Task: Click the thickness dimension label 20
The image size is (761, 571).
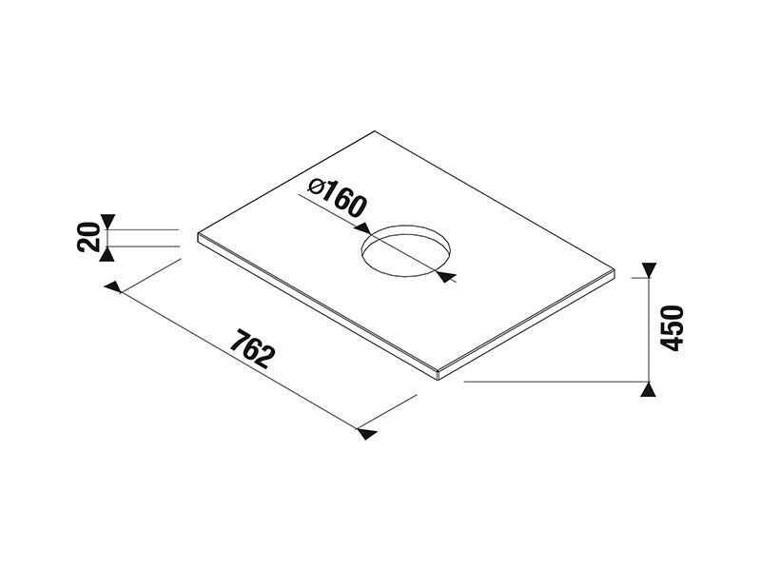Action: pos(88,236)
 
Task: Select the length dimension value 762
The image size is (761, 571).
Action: pos(252,348)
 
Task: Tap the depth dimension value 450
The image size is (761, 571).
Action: pos(673,327)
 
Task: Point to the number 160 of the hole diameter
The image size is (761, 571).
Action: pos(343,199)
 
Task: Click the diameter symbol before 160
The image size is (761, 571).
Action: pos(316,186)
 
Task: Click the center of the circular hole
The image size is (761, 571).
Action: pos(406,251)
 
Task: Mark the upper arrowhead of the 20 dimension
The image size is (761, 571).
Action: pos(107,221)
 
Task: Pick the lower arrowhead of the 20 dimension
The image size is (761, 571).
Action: pos(107,254)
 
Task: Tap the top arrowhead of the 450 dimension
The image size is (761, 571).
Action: pos(649,270)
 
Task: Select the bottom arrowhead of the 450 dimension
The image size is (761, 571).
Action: pos(649,389)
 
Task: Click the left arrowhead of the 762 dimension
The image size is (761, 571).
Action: pos(113,286)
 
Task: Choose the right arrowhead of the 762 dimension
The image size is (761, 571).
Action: pos(367,434)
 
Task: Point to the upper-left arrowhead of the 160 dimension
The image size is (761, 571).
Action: pos(362,228)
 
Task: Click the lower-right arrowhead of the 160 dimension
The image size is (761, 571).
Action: pos(446,277)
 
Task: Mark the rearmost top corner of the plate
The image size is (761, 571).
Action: pos(374,131)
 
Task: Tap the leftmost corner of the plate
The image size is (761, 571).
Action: pos(198,234)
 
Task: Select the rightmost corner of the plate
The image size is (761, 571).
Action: pos(615,269)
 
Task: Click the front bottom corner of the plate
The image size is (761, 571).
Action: pos(439,380)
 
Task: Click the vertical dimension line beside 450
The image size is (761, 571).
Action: pos(649,329)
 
